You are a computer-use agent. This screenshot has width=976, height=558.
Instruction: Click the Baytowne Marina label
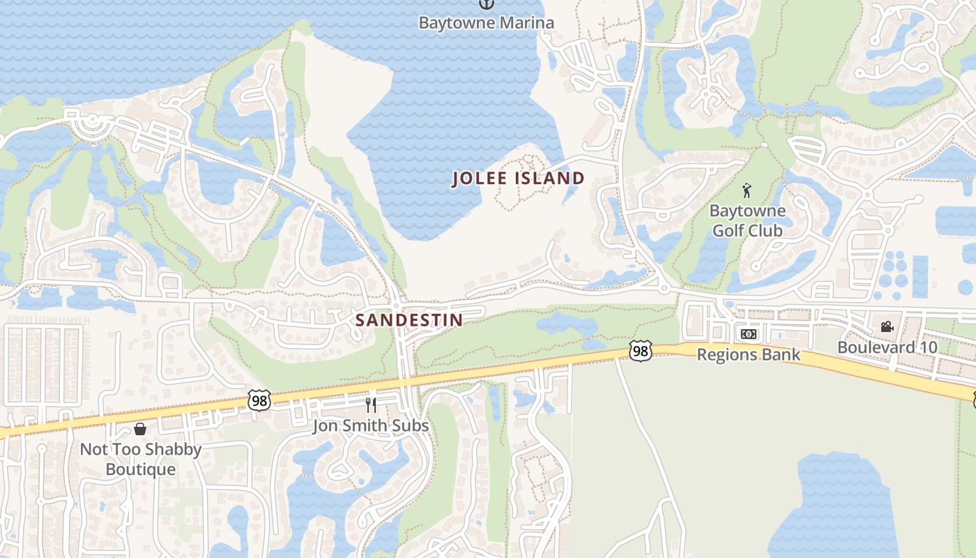(x=486, y=22)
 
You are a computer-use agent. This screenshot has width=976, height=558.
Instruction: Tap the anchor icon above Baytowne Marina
(x=486, y=3)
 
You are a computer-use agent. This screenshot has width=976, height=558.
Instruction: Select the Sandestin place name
(x=409, y=320)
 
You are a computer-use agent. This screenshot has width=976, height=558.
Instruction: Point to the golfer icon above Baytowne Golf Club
(x=747, y=190)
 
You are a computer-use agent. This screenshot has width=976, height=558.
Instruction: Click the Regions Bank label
(x=748, y=355)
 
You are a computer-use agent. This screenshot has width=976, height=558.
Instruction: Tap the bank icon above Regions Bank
(x=748, y=335)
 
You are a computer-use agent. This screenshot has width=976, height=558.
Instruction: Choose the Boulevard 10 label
(x=887, y=347)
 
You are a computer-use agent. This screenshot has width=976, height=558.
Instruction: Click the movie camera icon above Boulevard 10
(x=887, y=326)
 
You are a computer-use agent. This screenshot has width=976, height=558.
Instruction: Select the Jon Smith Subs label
(x=370, y=425)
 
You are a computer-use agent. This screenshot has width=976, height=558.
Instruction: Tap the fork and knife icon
(x=371, y=405)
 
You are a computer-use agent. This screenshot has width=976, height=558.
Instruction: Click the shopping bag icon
(x=140, y=428)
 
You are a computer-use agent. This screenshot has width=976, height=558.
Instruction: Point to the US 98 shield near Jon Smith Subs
(x=259, y=400)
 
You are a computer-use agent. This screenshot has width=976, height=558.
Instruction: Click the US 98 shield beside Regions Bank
(x=639, y=350)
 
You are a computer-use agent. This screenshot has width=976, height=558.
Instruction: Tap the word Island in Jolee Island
(x=549, y=179)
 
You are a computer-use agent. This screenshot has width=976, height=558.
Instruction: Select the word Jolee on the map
(x=480, y=179)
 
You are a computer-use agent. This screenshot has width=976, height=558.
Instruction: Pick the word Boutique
(x=140, y=469)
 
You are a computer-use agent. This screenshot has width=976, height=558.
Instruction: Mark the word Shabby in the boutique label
(x=173, y=449)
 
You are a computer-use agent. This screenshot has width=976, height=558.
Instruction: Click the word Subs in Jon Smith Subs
(x=411, y=425)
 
